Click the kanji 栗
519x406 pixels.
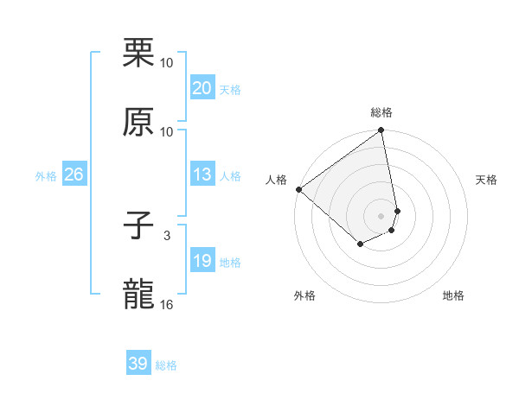(x=139, y=54)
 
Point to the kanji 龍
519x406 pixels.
(x=139, y=294)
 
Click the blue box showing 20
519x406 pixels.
(x=202, y=88)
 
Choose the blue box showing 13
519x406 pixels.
(x=202, y=174)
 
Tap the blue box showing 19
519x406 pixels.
(x=202, y=261)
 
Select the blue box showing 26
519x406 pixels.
(x=74, y=174)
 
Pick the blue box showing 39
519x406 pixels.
(x=138, y=364)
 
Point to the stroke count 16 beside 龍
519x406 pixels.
(x=167, y=304)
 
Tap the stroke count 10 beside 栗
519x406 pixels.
(x=167, y=63)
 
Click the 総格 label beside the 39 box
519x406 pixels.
(x=166, y=365)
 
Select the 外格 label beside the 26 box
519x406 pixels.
(x=46, y=176)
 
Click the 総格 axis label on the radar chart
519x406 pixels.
(x=381, y=112)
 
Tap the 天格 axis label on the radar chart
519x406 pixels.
(x=487, y=180)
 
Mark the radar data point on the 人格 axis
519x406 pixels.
(x=298, y=189)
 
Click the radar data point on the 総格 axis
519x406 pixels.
(x=381, y=131)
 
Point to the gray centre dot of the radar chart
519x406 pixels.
(x=381, y=215)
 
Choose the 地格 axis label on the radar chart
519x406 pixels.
(x=453, y=295)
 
